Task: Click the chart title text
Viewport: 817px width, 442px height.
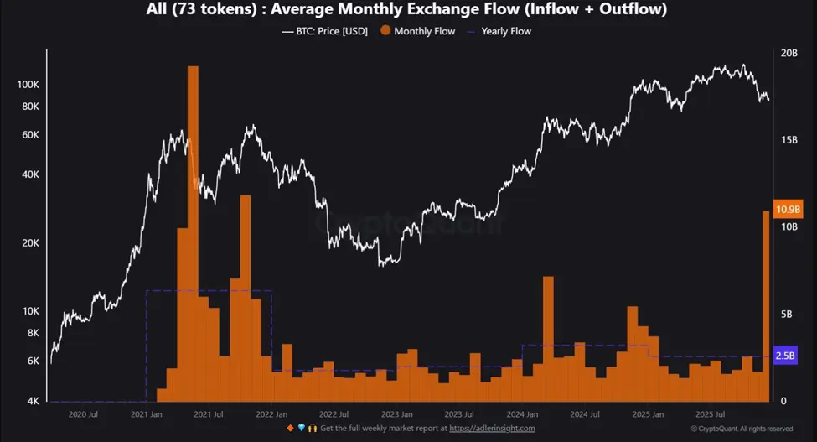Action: pos(408,9)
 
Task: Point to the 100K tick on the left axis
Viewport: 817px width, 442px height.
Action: pos(28,86)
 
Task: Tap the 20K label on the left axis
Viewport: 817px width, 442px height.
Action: pos(30,243)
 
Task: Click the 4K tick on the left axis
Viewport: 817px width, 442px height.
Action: pos(33,401)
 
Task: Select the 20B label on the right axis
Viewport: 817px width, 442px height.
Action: pos(789,53)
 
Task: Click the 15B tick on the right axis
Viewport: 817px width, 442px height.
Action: pos(789,140)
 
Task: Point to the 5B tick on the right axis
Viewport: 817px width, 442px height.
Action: pos(786,315)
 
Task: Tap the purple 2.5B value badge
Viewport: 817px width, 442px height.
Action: pos(786,356)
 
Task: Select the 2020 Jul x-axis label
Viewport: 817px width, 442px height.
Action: pos(82,414)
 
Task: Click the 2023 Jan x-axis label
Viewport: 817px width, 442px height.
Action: pos(396,414)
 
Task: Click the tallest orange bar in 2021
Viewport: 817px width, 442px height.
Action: pos(193,235)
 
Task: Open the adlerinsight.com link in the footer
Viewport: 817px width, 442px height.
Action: pos(492,429)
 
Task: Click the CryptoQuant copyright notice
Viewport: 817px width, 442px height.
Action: pos(742,429)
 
